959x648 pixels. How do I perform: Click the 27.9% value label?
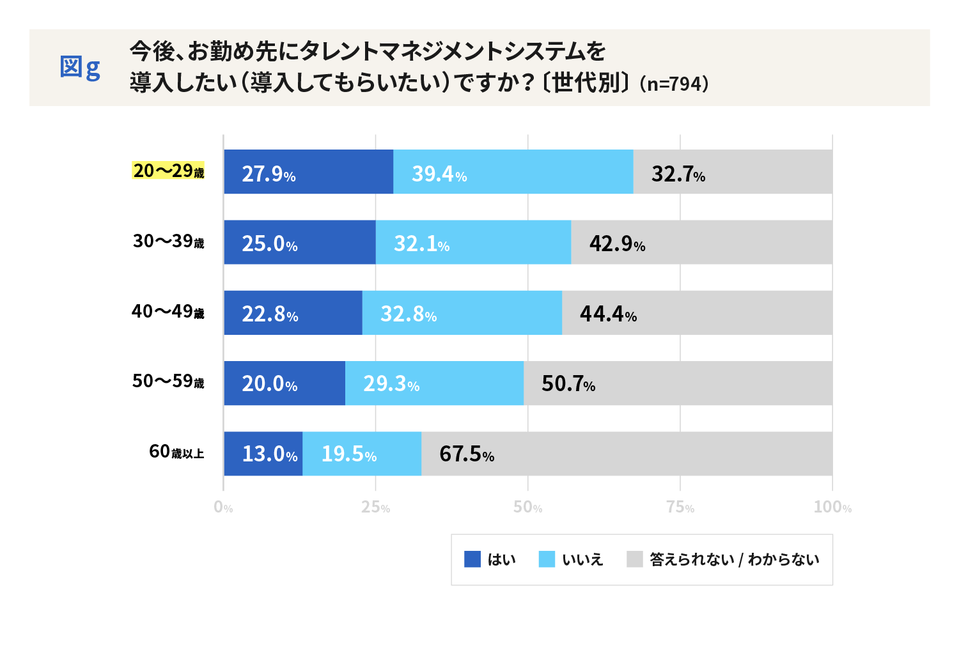pyautogui.click(x=269, y=174)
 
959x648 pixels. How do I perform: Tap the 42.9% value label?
pyautogui.click(x=617, y=243)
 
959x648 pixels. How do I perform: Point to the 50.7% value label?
pyautogui.click(x=568, y=383)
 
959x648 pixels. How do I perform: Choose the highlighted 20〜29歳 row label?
pyautogui.click(x=168, y=171)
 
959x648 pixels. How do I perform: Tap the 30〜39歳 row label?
pyautogui.click(x=168, y=241)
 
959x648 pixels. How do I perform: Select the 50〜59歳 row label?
pyautogui.click(x=168, y=382)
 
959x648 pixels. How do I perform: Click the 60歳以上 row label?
pyautogui.click(x=176, y=452)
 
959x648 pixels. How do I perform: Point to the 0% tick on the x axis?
pyautogui.click(x=223, y=507)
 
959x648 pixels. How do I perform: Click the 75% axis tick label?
pyautogui.click(x=680, y=507)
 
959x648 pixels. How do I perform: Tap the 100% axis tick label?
pyautogui.click(x=832, y=507)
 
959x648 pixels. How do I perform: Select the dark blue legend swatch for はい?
pyautogui.click(x=472, y=559)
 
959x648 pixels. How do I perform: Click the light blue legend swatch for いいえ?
pyautogui.click(x=547, y=559)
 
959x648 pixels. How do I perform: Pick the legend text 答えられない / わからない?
pyautogui.click(x=734, y=560)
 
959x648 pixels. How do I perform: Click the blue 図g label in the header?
pyautogui.click(x=80, y=67)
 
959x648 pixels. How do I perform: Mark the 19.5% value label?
pyautogui.click(x=348, y=454)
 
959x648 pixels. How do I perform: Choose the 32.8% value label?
pyautogui.click(x=409, y=314)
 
